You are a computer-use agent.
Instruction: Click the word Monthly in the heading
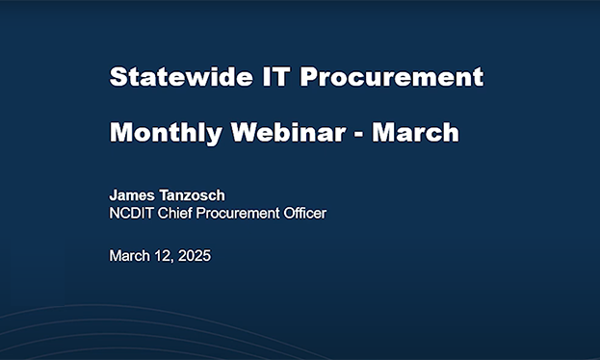pos(165,132)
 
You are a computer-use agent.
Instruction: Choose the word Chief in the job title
pos(179,213)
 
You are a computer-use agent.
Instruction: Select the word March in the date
pos(130,256)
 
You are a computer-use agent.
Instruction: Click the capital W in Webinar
pos(245,132)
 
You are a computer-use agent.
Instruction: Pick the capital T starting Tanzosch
pos(166,195)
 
